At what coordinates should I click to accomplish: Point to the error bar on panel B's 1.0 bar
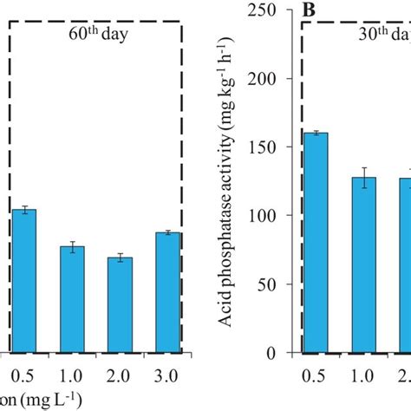tap(369, 178)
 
